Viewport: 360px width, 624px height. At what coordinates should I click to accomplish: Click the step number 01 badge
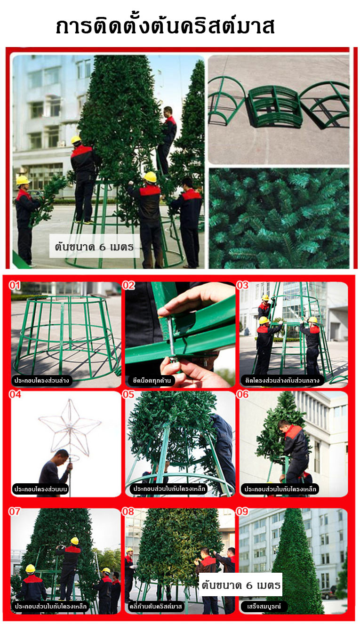[x=15, y=285]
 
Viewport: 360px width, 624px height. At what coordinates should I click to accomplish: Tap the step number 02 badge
[x=128, y=285]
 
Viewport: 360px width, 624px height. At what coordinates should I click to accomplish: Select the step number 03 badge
[x=242, y=285]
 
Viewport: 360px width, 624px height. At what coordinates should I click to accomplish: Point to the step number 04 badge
[x=15, y=394]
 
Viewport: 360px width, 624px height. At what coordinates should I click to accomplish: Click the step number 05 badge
[x=128, y=394]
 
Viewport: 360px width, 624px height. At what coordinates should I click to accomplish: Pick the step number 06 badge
[x=242, y=394]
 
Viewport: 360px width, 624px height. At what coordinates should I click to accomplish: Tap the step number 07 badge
[x=15, y=511]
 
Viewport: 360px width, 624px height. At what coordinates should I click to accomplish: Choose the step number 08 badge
[x=128, y=511]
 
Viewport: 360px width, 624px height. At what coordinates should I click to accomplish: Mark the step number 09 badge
[x=242, y=511]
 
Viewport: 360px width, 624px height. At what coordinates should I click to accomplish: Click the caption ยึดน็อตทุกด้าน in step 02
[x=152, y=380]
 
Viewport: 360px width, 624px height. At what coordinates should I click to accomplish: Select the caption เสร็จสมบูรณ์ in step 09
[x=264, y=606]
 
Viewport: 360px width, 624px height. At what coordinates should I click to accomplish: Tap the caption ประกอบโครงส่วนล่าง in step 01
[x=41, y=380]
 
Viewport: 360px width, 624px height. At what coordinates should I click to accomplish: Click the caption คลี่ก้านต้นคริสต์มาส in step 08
[x=155, y=606]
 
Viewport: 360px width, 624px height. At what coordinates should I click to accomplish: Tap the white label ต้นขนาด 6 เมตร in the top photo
[x=94, y=247]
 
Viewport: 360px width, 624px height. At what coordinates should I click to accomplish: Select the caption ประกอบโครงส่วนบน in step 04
[x=40, y=489]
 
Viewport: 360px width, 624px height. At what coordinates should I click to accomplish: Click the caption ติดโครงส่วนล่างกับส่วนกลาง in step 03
[x=282, y=380]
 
